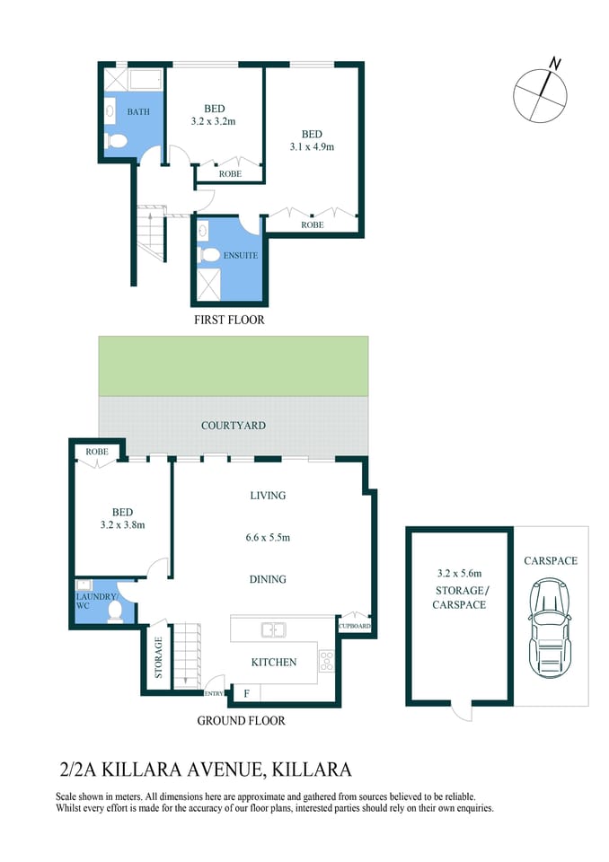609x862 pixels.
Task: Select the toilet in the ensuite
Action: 209,255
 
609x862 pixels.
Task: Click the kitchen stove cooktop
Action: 328,662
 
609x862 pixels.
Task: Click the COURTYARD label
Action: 234,425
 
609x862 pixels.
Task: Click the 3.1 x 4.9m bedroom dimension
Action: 312,146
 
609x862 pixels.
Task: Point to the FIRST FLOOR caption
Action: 229,320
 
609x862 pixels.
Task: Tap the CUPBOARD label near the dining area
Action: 354,626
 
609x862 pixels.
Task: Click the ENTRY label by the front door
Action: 214,693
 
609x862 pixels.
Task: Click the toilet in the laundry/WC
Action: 114,611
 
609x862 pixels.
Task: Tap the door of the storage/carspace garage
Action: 461,711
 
